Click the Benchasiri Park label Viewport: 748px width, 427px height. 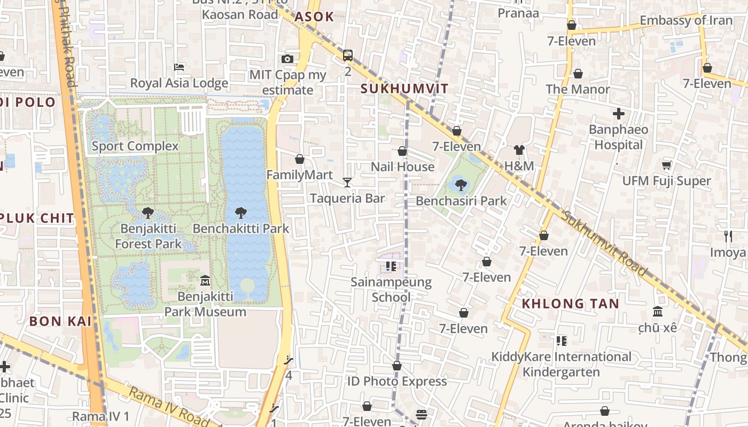click(461, 201)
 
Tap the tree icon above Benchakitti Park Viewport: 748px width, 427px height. click(240, 213)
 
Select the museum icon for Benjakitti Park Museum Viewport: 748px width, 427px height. click(205, 280)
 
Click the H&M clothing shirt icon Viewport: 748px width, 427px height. click(519, 150)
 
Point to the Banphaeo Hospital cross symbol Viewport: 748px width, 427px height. click(618, 114)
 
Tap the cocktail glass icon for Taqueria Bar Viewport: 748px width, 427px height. click(347, 183)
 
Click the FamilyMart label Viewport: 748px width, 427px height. click(299, 175)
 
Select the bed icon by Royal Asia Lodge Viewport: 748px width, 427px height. click(180, 67)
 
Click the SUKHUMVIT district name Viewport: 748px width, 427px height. click(404, 89)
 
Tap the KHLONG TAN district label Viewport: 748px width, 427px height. click(570, 304)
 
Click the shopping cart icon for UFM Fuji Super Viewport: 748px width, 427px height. click(666, 165)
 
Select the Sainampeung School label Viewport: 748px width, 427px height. click(391, 289)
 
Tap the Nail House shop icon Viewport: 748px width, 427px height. click(402, 152)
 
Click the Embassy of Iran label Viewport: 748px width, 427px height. click(686, 20)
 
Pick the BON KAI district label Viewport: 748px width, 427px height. click(60, 321)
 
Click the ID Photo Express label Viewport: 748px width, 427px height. click(396, 381)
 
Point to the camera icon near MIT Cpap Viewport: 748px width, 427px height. click(287, 59)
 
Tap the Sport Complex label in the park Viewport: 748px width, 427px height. click(135, 146)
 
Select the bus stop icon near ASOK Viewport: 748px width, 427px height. click(348, 55)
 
